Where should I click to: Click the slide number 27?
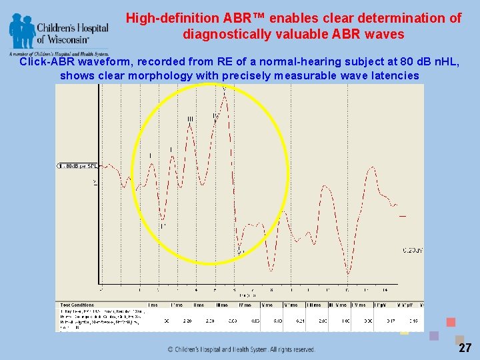(465, 348)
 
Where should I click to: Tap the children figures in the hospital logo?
(22, 31)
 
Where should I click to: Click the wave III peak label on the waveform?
(190, 119)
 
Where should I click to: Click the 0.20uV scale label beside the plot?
(413, 251)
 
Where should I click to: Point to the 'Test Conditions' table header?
(74, 304)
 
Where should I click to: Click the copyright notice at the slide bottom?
(241, 349)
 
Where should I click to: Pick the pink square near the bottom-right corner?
(451, 322)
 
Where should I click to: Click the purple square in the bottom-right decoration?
(434, 336)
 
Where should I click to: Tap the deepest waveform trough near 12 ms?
(348, 273)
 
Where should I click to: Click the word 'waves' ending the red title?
(385, 33)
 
